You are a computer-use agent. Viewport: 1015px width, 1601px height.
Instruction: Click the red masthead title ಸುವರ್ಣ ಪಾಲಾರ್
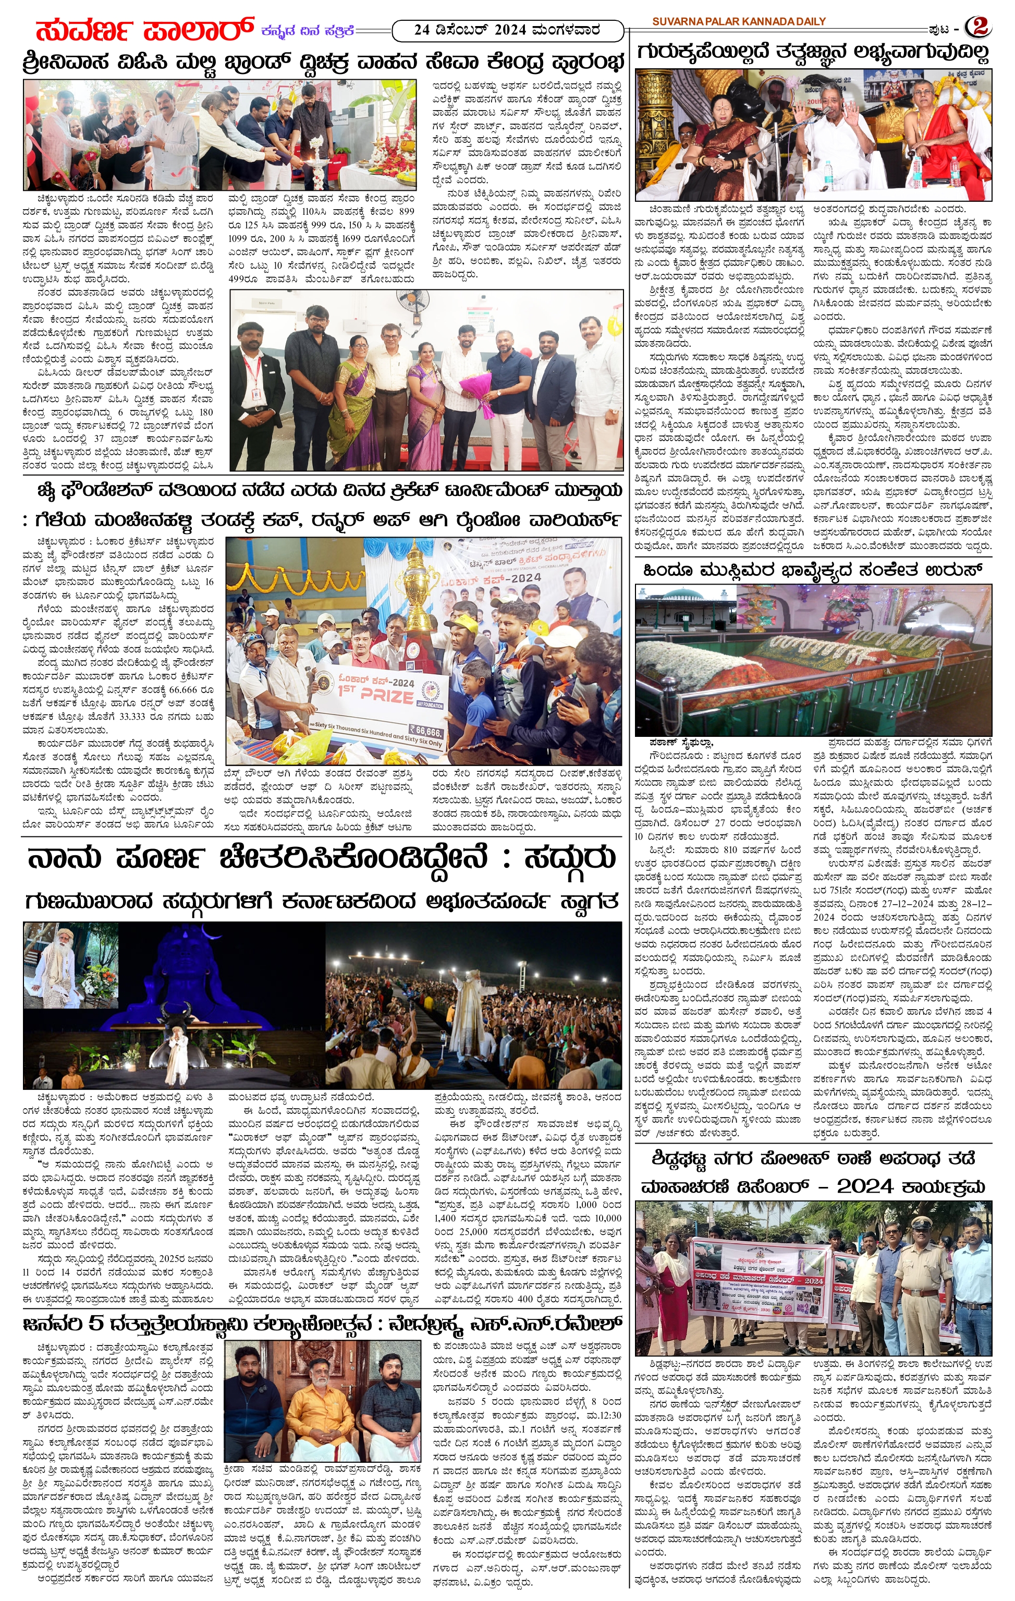[x=145, y=30]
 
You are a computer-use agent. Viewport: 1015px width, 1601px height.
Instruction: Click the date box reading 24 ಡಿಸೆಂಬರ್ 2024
[x=508, y=30]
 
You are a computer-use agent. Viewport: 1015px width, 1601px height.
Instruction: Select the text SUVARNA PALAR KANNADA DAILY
[x=739, y=21]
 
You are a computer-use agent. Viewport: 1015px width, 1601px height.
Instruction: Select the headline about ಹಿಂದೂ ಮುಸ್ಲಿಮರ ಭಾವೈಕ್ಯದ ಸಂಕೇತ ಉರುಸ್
[x=812, y=570]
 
